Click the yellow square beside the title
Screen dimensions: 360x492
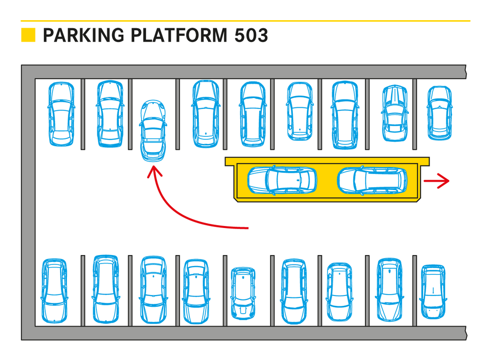[28, 35]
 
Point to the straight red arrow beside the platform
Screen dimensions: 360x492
[436, 181]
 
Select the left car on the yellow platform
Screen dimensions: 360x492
[282, 180]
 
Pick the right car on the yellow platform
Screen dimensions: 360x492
[373, 180]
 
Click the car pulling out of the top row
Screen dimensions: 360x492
[154, 131]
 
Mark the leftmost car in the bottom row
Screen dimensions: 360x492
[54, 291]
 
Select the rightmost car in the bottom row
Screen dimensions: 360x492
[433, 291]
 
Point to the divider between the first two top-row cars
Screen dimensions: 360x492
[83, 113]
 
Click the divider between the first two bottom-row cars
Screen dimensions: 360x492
[83, 291]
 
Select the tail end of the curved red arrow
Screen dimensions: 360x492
[248, 228]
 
